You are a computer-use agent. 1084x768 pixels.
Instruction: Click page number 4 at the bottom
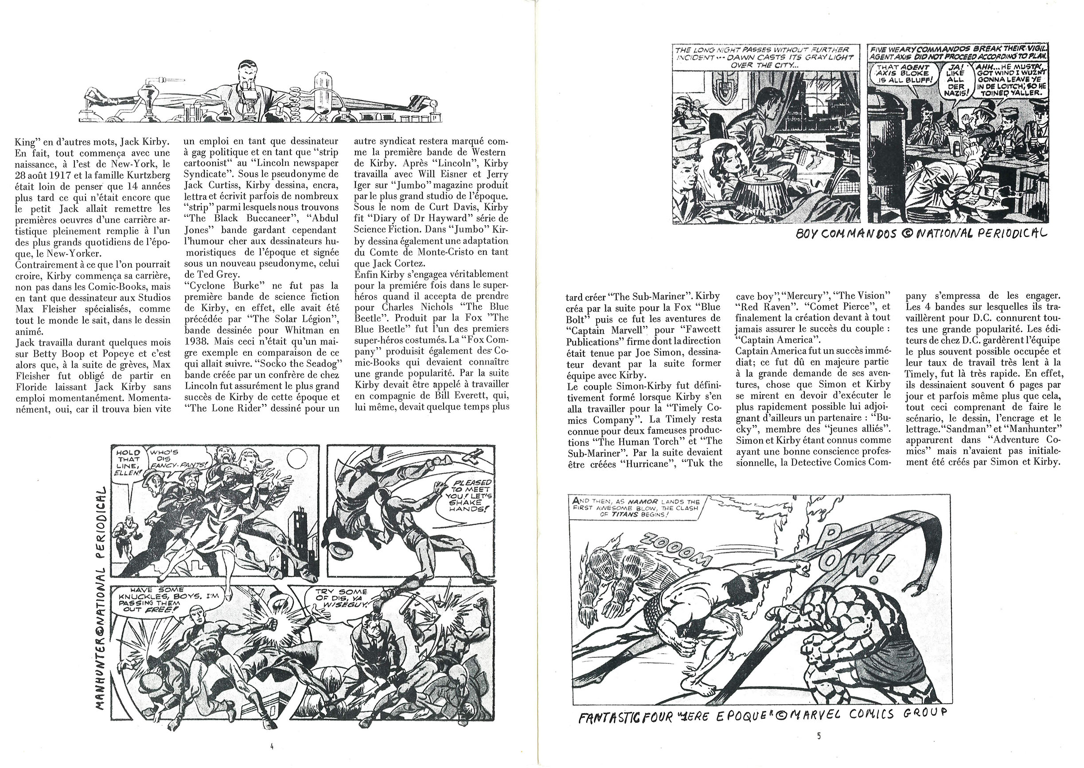(x=272, y=747)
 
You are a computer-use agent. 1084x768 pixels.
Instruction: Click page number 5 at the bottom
(x=819, y=736)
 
